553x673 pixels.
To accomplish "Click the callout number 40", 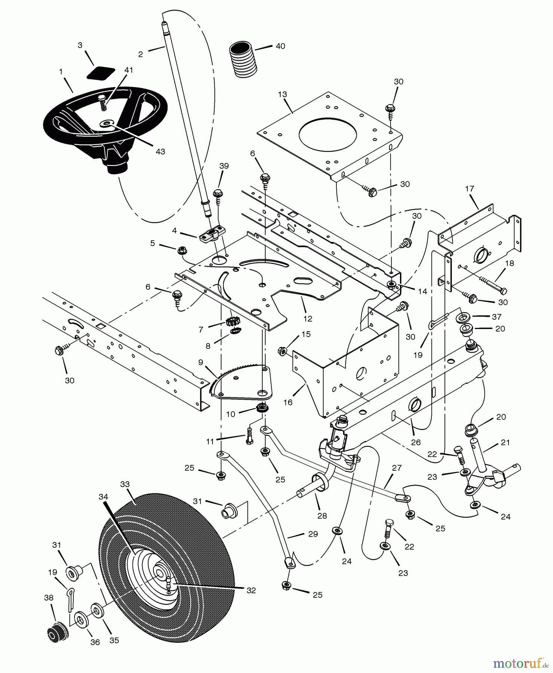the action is click(280, 46).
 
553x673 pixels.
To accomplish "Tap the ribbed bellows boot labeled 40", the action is click(244, 59).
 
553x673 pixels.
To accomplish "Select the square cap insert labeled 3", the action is click(101, 73).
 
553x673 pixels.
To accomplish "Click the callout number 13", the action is click(282, 94).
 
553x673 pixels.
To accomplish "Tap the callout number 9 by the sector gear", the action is click(201, 362).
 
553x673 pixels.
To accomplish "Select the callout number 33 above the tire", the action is click(125, 484).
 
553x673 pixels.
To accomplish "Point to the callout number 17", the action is click(470, 189).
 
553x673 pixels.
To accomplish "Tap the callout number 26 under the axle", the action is click(416, 442).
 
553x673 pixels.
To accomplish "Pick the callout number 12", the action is click(308, 319).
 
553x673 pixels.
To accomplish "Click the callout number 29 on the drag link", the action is click(313, 534).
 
